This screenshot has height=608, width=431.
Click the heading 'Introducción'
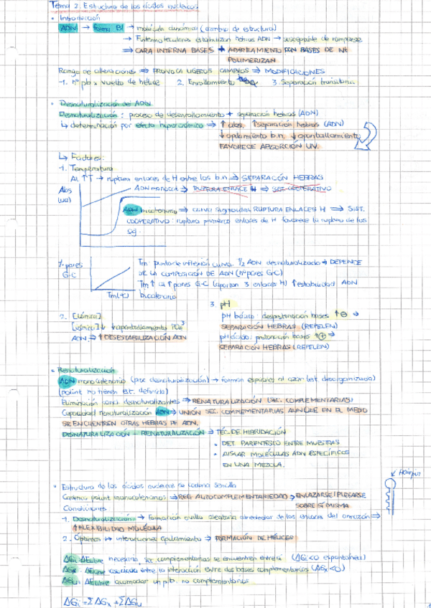[x=82, y=18]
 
